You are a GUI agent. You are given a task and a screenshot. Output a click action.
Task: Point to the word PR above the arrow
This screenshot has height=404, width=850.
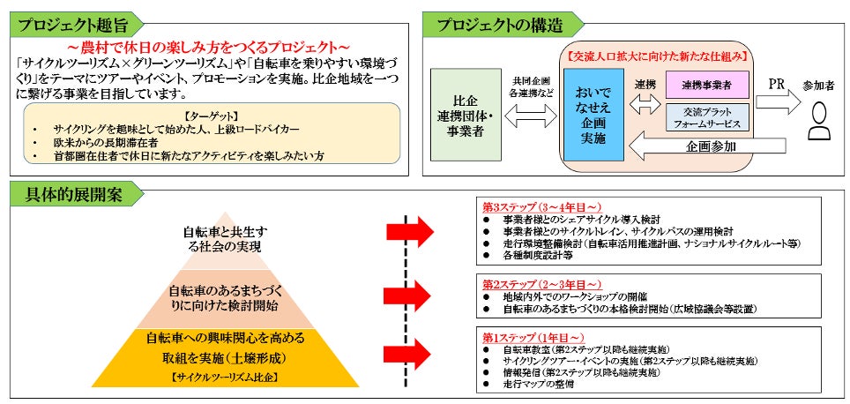click(777, 84)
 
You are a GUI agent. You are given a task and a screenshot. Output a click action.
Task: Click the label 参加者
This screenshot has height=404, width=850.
click(820, 86)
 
